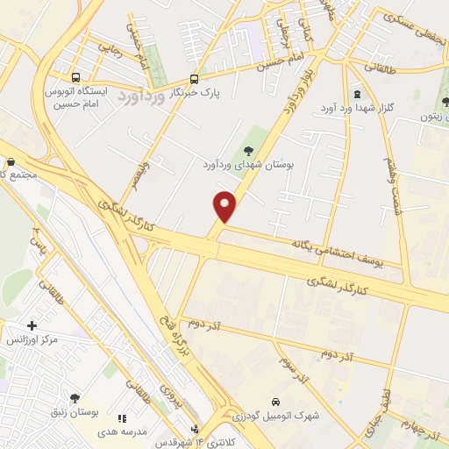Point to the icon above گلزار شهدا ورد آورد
coord(357,94)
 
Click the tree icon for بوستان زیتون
coord(443,103)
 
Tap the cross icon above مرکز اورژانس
coord(32,325)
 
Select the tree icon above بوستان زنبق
coord(75,397)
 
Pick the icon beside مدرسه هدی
coord(122,420)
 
